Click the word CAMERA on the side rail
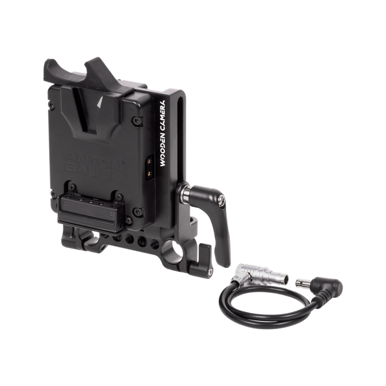coord(163,116)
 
